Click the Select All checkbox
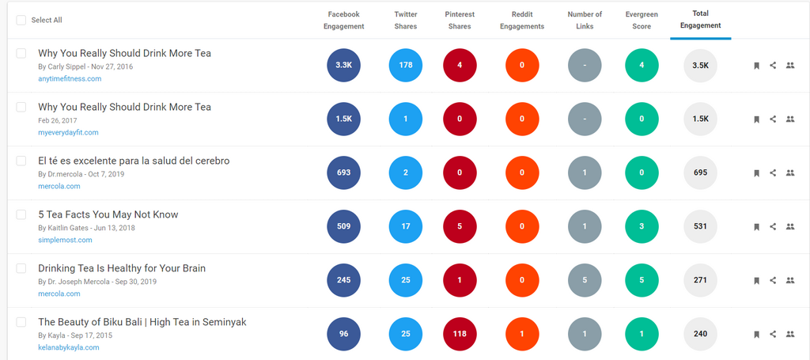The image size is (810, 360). tap(21, 20)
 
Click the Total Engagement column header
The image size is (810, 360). tap(700, 20)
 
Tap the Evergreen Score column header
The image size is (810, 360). tap(642, 20)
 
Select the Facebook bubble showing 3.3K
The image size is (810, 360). tap(343, 65)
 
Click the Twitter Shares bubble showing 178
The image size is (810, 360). tap(406, 65)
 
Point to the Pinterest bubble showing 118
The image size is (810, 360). tap(460, 334)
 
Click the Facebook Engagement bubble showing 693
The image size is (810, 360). tap(343, 172)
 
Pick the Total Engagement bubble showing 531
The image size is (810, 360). tap(700, 226)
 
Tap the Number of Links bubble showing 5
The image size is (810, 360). tap(585, 280)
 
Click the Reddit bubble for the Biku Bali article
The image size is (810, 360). tap(522, 334)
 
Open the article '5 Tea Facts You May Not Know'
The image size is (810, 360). tap(108, 214)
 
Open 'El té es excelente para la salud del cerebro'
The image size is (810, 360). tap(134, 161)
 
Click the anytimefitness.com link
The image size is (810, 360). tap(70, 78)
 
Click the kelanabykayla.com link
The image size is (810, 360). tap(69, 347)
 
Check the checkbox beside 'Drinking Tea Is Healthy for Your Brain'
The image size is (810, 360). tap(21, 268)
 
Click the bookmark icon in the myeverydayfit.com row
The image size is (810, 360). tap(756, 119)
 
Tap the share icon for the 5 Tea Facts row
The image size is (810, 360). tap(773, 226)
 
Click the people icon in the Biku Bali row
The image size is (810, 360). tap(789, 334)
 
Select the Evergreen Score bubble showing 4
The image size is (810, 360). tap(642, 65)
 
